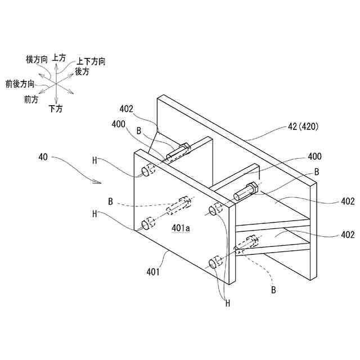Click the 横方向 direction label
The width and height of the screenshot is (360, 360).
point(38,59)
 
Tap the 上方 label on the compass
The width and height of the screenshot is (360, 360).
point(58,57)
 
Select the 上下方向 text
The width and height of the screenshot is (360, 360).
point(91,61)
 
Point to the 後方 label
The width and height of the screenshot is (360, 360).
point(82,71)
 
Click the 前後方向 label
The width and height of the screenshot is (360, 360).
point(19,84)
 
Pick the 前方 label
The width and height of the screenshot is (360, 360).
point(31,100)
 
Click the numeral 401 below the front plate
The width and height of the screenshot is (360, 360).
point(154,272)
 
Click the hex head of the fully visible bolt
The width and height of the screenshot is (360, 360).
point(252,190)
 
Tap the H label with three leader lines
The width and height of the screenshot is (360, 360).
point(228,303)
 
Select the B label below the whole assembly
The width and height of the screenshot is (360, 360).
point(273,290)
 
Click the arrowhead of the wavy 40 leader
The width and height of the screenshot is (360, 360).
point(100,182)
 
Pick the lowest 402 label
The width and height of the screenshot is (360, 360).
point(347,235)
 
